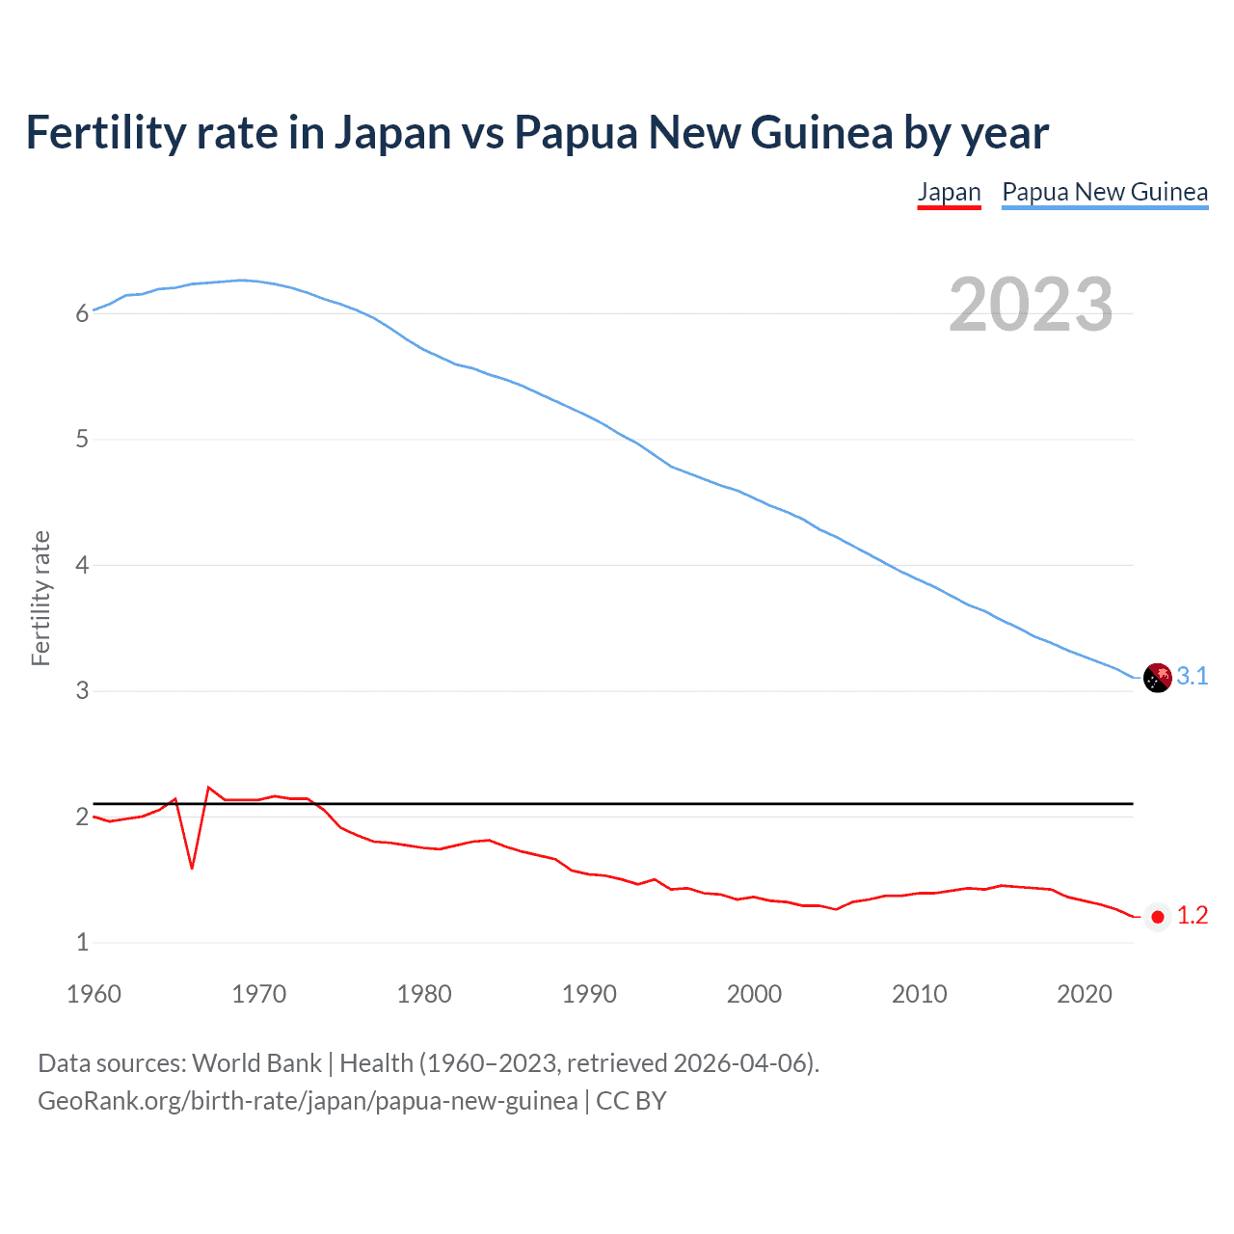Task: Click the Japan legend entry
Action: click(x=949, y=192)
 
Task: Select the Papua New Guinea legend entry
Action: click(x=1105, y=192)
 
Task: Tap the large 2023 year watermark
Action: click(x=1031, y=305)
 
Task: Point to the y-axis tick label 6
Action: click(x=82, y=313)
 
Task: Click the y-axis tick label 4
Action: click(x=82, y=565)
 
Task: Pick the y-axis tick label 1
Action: click(x=82, y=942)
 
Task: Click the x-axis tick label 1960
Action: click(x=94, y=994)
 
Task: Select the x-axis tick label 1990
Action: click(x=589, y=994)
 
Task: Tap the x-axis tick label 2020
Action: click(x=1085, y=994)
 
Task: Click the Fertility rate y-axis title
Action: click(x=40, y=598)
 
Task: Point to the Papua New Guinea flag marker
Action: click(x=1157, y=678)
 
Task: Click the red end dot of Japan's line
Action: click(x=1158, y=917)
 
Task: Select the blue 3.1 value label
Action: click(x=1193, y=677)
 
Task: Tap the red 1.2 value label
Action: click(x=1193, y=916)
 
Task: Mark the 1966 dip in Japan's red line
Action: click(x=192, y=868)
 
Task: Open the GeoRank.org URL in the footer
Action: click(x=308, y=1101)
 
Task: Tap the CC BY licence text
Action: click(x=631, y=1101)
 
